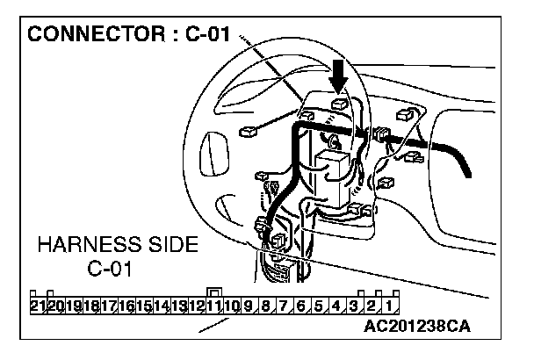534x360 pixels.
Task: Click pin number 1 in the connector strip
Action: tap(386, 306)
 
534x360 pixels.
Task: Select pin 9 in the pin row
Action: tap(249, 306)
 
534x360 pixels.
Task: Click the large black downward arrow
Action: tap(337, 83)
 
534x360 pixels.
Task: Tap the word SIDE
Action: tap(170, 245)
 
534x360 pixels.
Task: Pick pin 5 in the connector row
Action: tap(318, 306)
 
